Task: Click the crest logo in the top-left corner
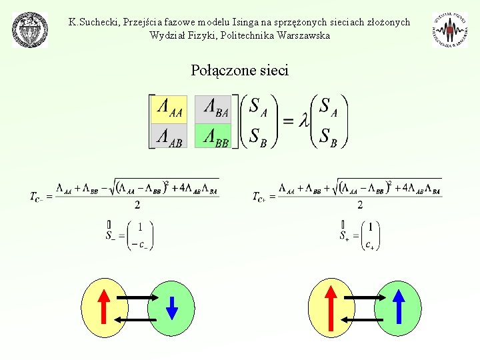(30, 30)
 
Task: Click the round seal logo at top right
(450, 30)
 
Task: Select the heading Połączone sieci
(239, 70)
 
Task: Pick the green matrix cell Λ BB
(213, 136)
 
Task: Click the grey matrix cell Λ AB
(169, 136)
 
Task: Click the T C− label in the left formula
(40, 197)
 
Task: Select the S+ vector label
(344, 235)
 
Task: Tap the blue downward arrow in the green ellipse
(172, 307)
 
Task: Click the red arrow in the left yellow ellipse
(105, 307)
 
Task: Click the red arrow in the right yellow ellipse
(331, 307)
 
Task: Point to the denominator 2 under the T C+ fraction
(360, 205)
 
